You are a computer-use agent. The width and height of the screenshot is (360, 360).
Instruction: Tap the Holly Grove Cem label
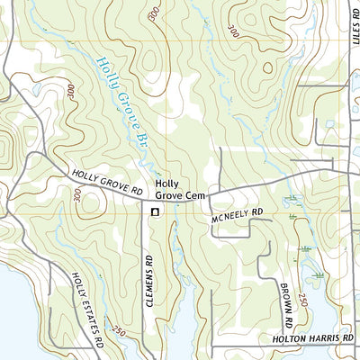173,188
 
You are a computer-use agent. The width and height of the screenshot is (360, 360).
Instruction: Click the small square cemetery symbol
154,212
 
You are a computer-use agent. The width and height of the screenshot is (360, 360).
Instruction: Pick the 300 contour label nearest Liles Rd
235,31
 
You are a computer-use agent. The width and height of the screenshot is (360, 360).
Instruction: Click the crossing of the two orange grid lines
166,45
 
